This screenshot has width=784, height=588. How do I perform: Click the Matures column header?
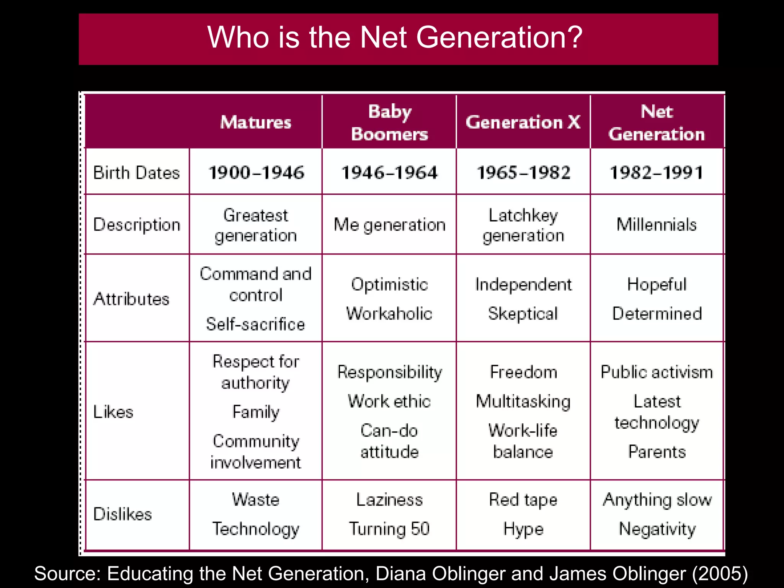pos(256,122)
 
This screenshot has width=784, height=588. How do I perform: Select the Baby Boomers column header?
pos(389,122)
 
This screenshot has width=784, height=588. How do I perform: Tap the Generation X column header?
pos(523,122)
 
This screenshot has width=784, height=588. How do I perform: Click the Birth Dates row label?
pos(136,173)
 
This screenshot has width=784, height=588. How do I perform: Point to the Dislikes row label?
pos(122,514)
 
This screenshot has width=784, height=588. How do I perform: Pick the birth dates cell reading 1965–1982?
pos(523,173)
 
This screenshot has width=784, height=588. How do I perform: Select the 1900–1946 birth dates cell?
pos(256,173)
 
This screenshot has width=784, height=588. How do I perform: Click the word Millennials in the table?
pos(657,225)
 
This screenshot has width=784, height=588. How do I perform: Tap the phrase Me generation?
pos(389,225)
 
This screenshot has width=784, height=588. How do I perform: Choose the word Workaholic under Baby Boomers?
pos(389,314)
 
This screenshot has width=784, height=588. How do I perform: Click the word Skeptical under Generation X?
pos(523,314)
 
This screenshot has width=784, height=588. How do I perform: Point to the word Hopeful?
pos(657,284)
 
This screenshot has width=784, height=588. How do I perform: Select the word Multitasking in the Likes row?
pos(523,402)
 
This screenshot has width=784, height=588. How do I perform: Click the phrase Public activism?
pos(657,372)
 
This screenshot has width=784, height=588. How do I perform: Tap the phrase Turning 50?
pos(389,529)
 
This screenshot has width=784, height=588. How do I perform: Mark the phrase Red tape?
pos(523,500)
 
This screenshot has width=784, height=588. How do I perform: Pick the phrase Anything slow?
pos(657,500)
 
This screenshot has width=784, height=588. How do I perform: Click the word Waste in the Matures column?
pos(256,500)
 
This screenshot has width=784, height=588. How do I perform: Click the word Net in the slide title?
pos(383,38)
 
